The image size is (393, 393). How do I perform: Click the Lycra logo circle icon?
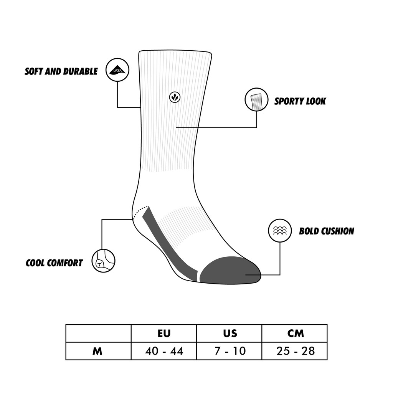[117, 70]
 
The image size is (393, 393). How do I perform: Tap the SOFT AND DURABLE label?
[61, 71]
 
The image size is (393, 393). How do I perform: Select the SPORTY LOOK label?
[300, 101]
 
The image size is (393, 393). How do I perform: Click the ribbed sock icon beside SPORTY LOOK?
[256, 100]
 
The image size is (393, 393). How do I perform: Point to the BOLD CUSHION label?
[326, 231]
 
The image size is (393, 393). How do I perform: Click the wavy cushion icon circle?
[279, 231]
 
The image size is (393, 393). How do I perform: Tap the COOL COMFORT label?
[54, 263]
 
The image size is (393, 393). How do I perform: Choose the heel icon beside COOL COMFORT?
[103, 261]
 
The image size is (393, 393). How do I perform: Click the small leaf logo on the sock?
[175, 97]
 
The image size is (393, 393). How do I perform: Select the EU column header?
[164, 333]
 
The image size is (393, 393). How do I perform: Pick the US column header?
[230, 333]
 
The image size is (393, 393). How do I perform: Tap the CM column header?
[295, 333]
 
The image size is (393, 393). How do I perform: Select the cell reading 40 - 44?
[164, 351]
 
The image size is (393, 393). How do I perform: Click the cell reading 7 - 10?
[230, 351]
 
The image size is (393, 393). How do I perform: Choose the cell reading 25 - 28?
[295, 351]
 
